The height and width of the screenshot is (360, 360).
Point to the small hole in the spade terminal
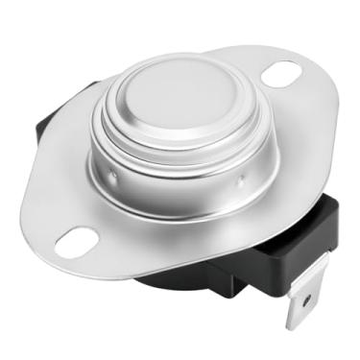point(305,301)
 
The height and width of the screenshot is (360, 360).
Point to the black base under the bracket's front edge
point(182,278)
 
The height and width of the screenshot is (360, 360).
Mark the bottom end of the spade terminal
point(300,324)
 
